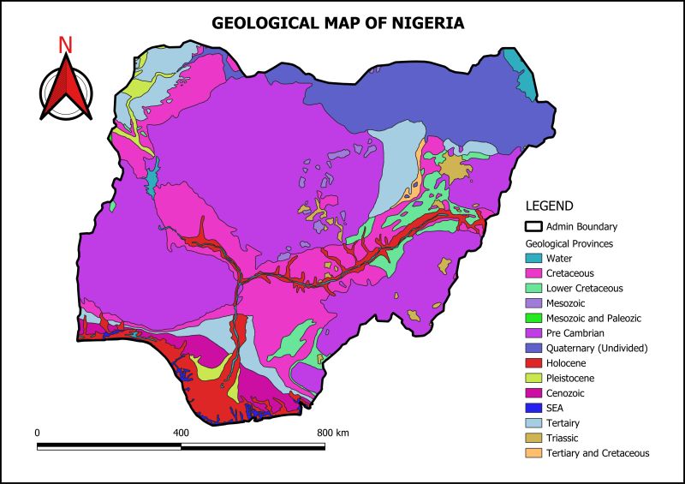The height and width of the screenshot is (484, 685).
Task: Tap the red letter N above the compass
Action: coord(65,45)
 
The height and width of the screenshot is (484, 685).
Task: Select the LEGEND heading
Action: coord(549,206)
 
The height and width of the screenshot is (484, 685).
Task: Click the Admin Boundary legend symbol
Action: coord(533,227)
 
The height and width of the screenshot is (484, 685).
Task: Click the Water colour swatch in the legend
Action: coord(533,258)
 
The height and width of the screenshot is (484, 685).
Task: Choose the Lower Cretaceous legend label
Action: coord(584,288)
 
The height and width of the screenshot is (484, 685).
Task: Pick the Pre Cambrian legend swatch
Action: coord(533,332)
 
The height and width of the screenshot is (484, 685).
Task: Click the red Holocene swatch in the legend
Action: coord(533,362)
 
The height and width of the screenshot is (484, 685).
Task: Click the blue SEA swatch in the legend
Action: coord(533,408)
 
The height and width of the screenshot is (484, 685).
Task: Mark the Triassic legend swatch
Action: coord(533,438)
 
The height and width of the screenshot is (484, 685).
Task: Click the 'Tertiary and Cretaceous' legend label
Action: coord(597,453)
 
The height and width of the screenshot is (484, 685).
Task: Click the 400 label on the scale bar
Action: coord(181,433)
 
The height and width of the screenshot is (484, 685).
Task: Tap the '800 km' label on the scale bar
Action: coord(333,433)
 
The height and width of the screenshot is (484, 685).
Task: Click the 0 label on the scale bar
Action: coord(38,433)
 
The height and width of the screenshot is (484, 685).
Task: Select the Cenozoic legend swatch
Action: coord(533,392)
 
